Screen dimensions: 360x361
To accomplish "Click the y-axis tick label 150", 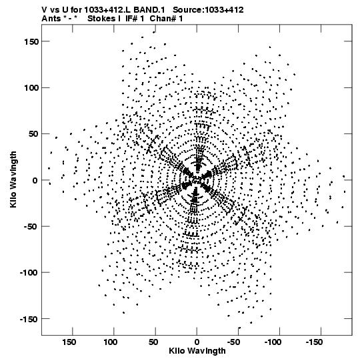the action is coord(31,42).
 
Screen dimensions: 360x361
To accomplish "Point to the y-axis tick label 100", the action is coord(31,88).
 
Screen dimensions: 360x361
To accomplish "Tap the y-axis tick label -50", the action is coord(31,227).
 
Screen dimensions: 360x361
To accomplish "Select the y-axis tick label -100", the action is coord(29,273).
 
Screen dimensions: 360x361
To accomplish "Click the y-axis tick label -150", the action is coord(29,320).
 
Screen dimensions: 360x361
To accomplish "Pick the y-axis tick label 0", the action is coord(35,180).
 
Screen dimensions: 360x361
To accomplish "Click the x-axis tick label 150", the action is coord(69,342).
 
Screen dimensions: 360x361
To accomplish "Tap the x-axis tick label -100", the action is coord(273,342).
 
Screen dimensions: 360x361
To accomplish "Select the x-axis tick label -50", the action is coord(233,342).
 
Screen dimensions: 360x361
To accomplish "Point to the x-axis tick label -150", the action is coord(314,342).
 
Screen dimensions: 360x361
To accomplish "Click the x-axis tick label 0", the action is coord(197,342).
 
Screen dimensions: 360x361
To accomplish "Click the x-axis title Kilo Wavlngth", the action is coord(197,351).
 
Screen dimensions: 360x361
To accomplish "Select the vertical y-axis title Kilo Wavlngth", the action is coord(13,179).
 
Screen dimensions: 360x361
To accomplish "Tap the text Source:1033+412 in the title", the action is coord(208,10).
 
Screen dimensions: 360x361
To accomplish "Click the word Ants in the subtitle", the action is coord(51,19).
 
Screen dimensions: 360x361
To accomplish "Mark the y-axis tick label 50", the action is coord(33,134).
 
